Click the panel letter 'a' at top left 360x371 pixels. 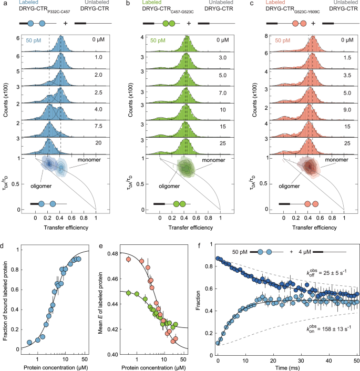tap(3, 4)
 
